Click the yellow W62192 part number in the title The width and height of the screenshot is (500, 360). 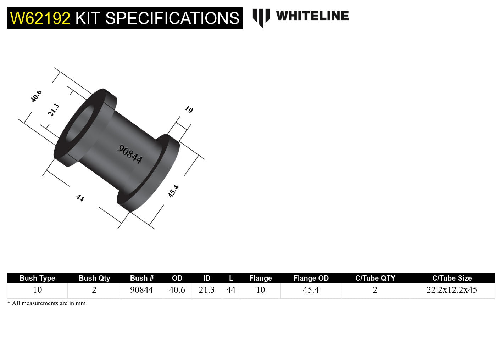pyautogui.click(x=40, y=18)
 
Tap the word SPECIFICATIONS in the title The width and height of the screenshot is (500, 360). pyautogui.click(x=172, y=18)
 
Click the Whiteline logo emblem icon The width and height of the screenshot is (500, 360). pyautogui.click(x=261, y=17)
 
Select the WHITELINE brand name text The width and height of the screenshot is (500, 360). pyautogui.click(x=312, y=16)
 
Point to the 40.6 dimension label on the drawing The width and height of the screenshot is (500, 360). pyautogui.click(x=36, y=96)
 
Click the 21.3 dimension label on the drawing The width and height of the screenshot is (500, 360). pyautogui.click(x=54, y=110)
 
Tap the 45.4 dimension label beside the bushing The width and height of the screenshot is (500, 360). pyautogui.click(x=173, y=191)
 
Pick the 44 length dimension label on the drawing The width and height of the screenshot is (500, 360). pyautogui.click(x=80, y=198)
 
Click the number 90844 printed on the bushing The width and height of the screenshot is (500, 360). pyautogui.click(x=130, y=154)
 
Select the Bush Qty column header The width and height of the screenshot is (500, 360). pyautogui.click(x=94, y=278)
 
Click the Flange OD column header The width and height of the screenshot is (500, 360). pyautogui.click(x=311, y=278)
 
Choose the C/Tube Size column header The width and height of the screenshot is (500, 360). pyautogui.click(x=452, y=278)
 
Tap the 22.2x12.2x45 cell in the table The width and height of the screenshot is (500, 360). pyautogui.click(x=452, y=290)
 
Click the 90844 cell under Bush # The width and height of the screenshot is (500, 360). pyautogui.click(x=141, y=290)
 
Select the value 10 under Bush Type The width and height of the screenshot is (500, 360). pyautogui.click(x=37, y=290)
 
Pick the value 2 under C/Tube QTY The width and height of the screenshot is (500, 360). pyautogui.click(x=375, y=290)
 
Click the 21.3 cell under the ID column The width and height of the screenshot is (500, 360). pyautogui.click(x=207, y=290)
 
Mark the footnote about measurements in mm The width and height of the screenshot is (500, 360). pyautogui.click(x=46, y=303)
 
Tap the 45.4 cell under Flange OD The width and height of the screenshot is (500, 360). pyautogui.click(x=311, y=290)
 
